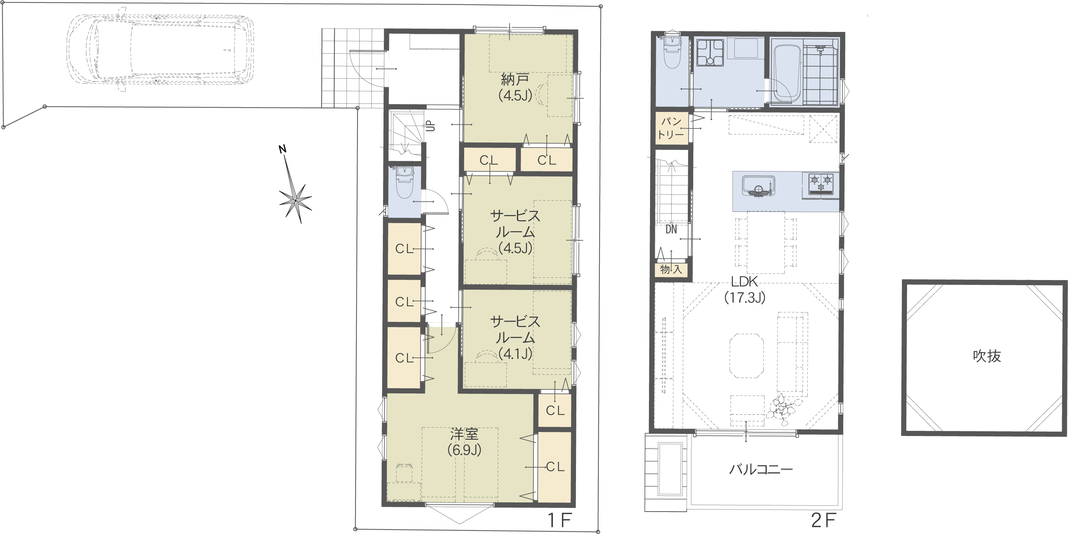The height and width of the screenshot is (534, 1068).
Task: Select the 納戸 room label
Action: [515, 79]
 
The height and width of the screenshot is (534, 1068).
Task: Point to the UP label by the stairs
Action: [431, 125]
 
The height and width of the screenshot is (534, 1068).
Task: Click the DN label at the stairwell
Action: [671, 229]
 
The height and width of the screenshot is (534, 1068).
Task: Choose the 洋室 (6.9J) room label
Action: [465, 442]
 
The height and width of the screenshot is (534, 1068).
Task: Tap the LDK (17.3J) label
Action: [745, 290]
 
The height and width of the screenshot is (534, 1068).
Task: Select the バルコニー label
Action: [761, 470]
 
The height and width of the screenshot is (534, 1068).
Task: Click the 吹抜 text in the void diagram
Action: [987, 356]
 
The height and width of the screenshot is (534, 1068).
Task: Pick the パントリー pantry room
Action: [672, 128]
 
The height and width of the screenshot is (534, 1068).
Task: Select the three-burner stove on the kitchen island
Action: [821, 185]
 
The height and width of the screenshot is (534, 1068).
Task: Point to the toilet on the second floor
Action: [672, 52]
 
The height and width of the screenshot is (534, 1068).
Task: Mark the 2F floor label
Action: [823, 521]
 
